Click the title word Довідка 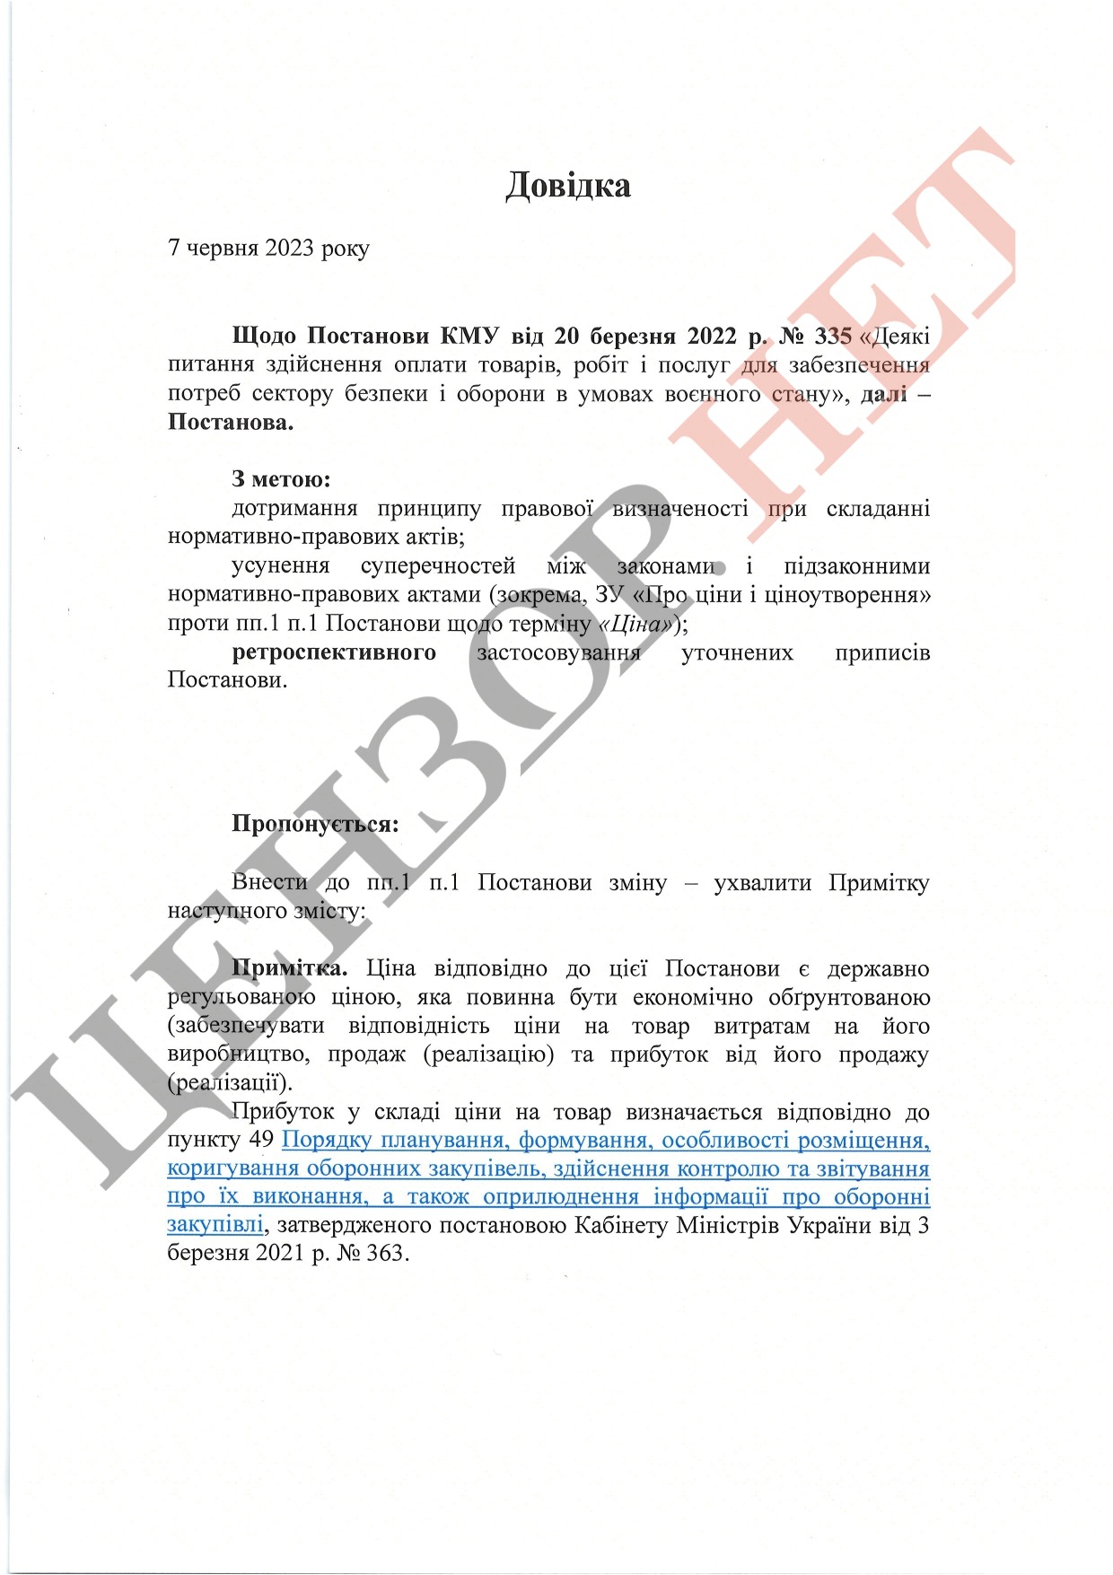(x=568, y=185)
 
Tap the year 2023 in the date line (x=288, y=248)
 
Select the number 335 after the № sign (x=832, y=336)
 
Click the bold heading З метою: (x=281, y=479)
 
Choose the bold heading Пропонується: (x=315, y=824)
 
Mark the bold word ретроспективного (x=334, y=652)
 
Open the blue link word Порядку (x=327, y=1140)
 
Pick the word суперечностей (x=438, y=566)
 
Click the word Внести (x=269, y=882)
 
